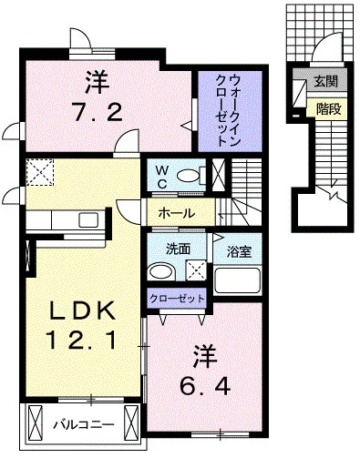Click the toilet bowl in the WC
click(x=188, y=175)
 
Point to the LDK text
click(x=81, y=312)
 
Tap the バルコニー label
click(x=82, y=424)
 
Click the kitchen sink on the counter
click(x=90, y=219)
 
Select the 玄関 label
click(x=324, y=80)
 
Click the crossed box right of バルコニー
click(x=132, y=424)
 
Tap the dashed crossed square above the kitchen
click(x=41, y=170)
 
